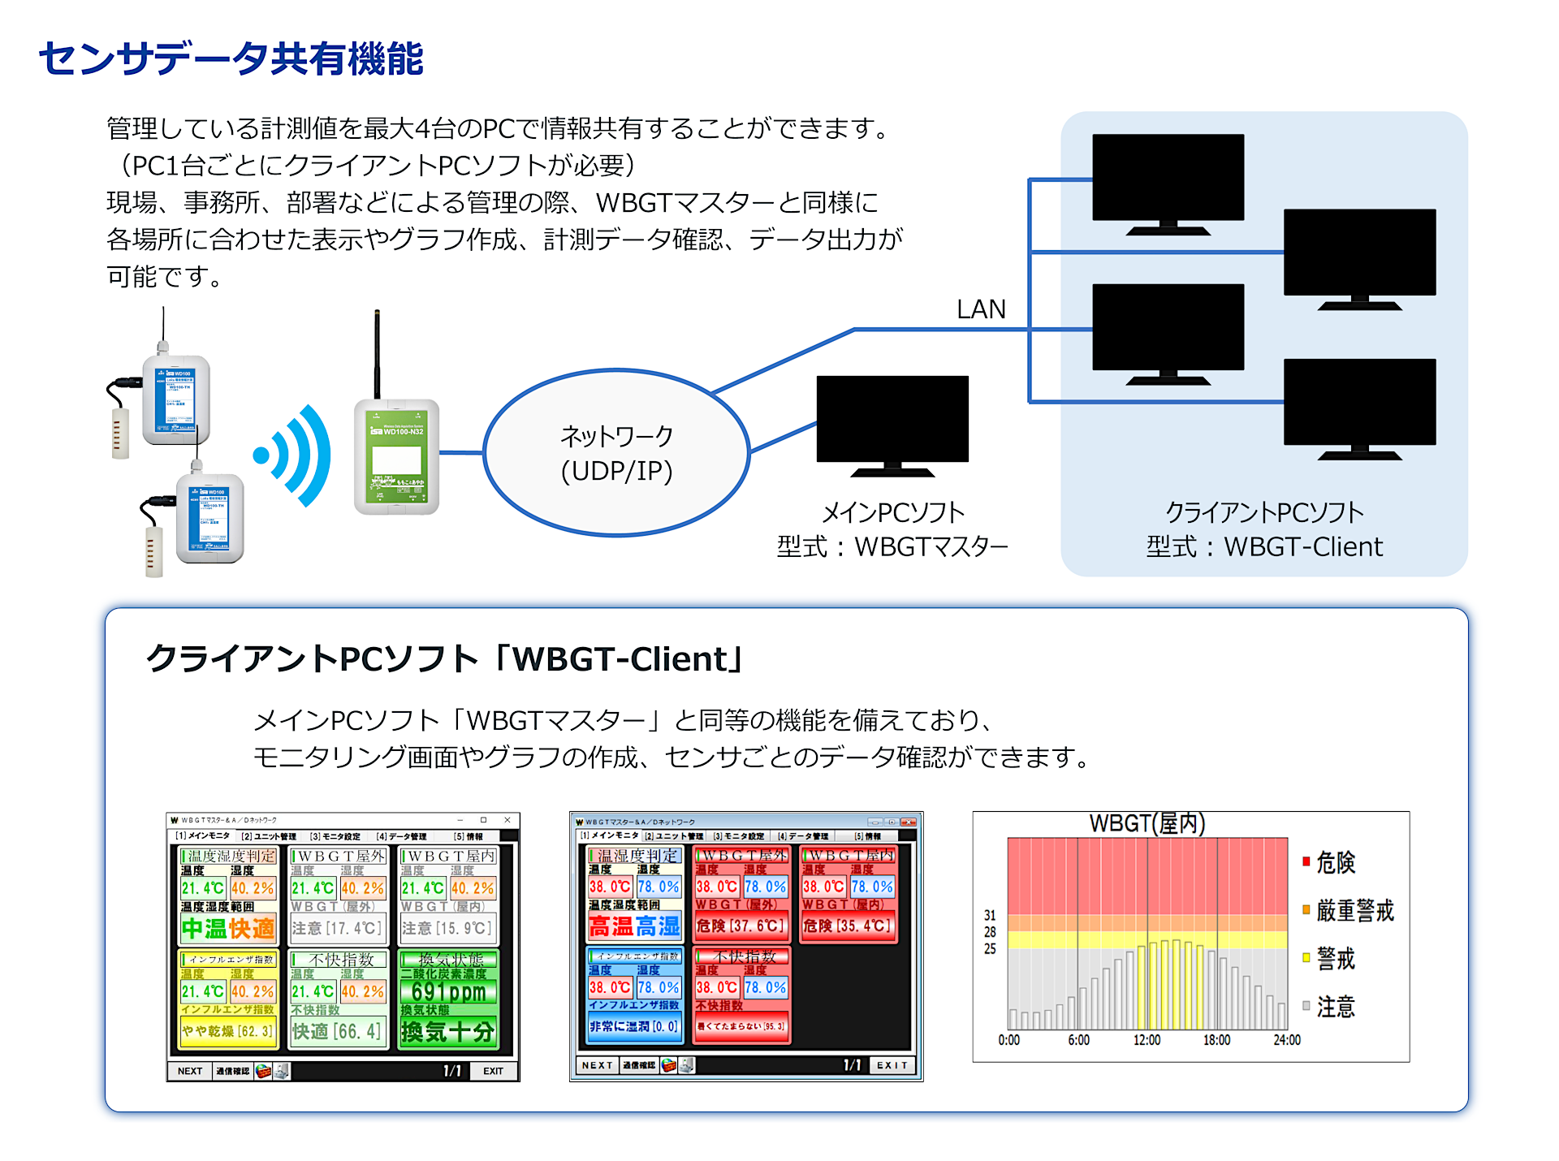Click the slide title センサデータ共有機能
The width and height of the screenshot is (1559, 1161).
click(231, 58)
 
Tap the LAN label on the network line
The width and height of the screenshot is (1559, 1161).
click(981, 309)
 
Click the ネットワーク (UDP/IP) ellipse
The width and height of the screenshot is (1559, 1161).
click(616, 453)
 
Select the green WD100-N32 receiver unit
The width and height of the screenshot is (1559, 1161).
click(397, 456)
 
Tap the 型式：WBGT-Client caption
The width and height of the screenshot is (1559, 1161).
click(1263, 546)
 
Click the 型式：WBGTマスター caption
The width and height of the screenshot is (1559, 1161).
click(892, 546)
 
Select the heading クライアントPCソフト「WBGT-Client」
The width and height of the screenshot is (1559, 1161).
click(445, 658)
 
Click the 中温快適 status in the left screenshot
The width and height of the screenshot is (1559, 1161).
click(228, 928)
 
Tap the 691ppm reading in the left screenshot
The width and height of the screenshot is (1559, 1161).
click(448, 991)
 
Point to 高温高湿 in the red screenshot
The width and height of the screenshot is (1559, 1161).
click(635, 926)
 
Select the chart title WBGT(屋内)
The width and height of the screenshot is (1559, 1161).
click(1147, 823)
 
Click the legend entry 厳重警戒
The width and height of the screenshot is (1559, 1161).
click(1354, 910)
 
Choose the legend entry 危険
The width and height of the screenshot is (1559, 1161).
click(1335, 862)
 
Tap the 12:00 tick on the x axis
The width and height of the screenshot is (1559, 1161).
click(1147, 1040)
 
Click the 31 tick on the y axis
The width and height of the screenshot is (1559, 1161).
click(990, 915)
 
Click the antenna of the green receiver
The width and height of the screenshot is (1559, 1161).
click(377, 354)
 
